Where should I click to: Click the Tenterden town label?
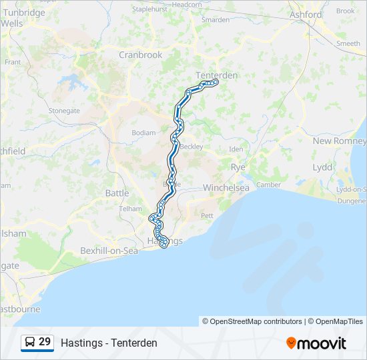click(216, 75)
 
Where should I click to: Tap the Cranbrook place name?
click(140, 55)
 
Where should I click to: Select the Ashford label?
click(306, 14)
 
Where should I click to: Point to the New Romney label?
click(338, 141)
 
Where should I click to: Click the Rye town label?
click(238, 167)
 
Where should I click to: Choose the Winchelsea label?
click(226, 187)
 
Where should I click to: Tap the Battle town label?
click(117, 193)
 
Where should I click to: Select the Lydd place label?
click(322, 167)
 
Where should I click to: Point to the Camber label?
click(268, 185)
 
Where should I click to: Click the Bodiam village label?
click(143, 133)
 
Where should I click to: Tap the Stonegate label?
click(64, 111)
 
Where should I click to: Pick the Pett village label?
click(208, 215)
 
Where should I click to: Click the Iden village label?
click(236, 149)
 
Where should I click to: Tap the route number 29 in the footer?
click(45, 342)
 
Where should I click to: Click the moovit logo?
click(316, 343)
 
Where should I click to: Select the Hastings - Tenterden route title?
click(109, 343)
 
